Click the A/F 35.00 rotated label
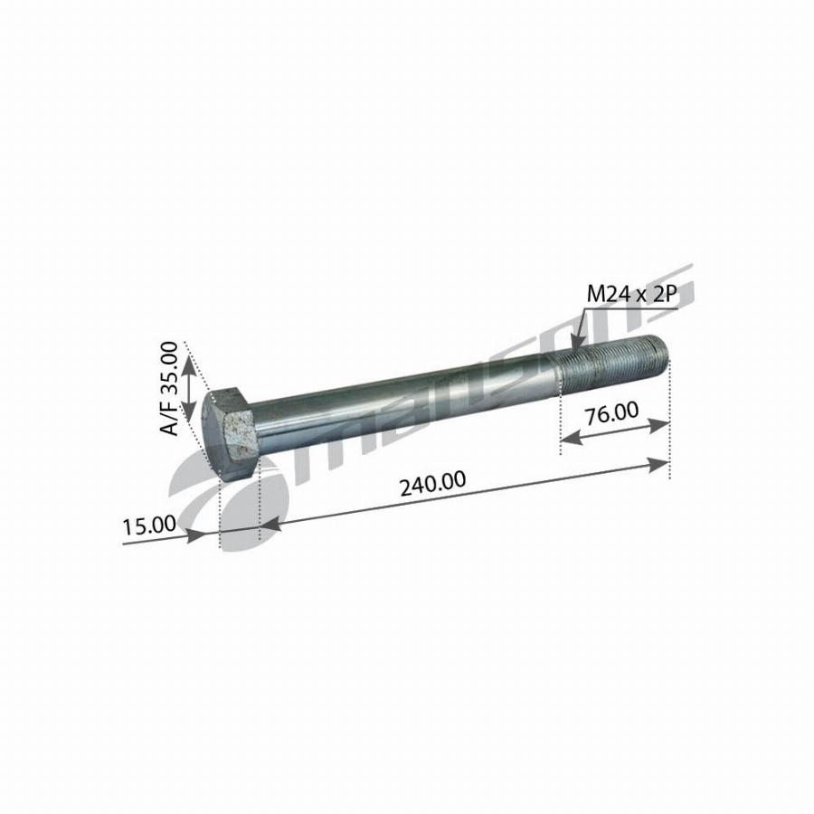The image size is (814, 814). point(169,389)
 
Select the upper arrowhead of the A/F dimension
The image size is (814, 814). point(188,364)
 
